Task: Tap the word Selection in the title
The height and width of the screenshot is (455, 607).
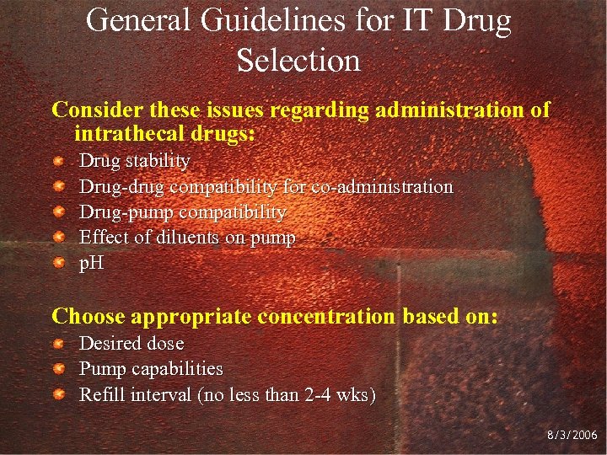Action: (x=298, y=60)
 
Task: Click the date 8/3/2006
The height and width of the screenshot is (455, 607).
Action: (x=572, y=436)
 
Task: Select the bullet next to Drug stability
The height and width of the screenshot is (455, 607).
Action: (x=58, y=161)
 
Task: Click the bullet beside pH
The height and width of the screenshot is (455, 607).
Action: (x=58, y=264)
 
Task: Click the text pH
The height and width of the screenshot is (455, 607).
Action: (x=91, y=264)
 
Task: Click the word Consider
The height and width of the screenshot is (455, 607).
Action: (x=96, y=110)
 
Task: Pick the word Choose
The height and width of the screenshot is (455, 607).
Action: (x=89, y=316)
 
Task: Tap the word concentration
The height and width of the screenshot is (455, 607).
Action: (x=325, y=317)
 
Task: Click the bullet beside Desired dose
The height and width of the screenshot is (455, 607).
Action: (x=58, y=344)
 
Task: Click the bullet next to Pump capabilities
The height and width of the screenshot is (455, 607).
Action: (x=58, y=369)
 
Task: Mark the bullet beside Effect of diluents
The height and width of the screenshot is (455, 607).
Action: (x=58, y=238)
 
